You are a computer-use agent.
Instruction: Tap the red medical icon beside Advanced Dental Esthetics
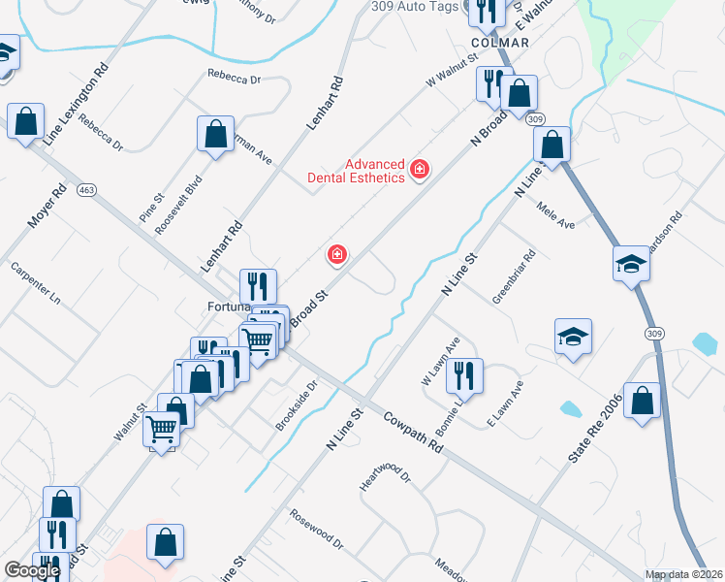(x=420, y=170)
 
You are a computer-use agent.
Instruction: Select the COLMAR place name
(x=499, y=44)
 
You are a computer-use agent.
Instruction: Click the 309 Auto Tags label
(x=415, y=6)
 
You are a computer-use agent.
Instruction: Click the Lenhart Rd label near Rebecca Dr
(x=326, y=105)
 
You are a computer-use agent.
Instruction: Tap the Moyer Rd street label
(x=46, y=206)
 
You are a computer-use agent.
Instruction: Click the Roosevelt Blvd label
(x=185, y=200)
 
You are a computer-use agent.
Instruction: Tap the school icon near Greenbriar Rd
(x=573, y=337)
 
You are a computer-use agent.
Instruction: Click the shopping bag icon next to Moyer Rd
(x=25, y=122)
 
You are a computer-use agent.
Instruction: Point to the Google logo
(x=32, y=570)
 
